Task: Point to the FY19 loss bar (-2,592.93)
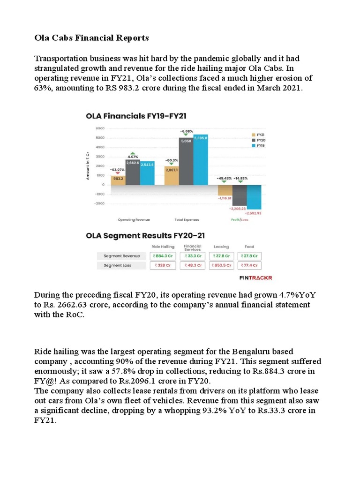click(x=254, y=197)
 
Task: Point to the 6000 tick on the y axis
click(x=100, y=128)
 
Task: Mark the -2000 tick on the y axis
click(x=99, y=203)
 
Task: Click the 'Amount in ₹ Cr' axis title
click(x=88, y=166)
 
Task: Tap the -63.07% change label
click(x=118, y=169)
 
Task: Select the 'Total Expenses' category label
click(x=186, y=219)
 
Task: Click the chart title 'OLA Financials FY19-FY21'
click(x=136, y=115)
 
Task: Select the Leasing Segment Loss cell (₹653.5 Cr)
click(x=223, y=265)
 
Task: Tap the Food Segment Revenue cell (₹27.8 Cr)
click(x=249, y=256)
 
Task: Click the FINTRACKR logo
click(x=255, y=277)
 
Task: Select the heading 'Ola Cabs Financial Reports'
click(x=91, y=37)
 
